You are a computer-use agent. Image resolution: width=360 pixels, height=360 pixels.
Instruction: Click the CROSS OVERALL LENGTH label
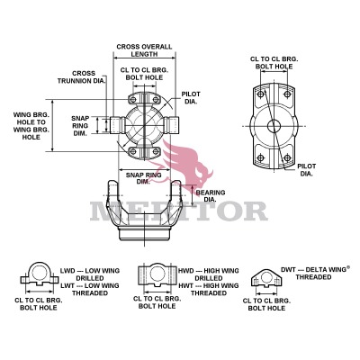(143, 50)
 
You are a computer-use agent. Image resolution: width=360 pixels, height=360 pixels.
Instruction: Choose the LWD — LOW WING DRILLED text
(87, 273)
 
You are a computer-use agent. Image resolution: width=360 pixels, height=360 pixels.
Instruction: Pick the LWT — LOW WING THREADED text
(87, 288)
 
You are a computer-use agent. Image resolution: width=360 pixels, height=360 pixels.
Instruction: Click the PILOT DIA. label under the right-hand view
(307, 169)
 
